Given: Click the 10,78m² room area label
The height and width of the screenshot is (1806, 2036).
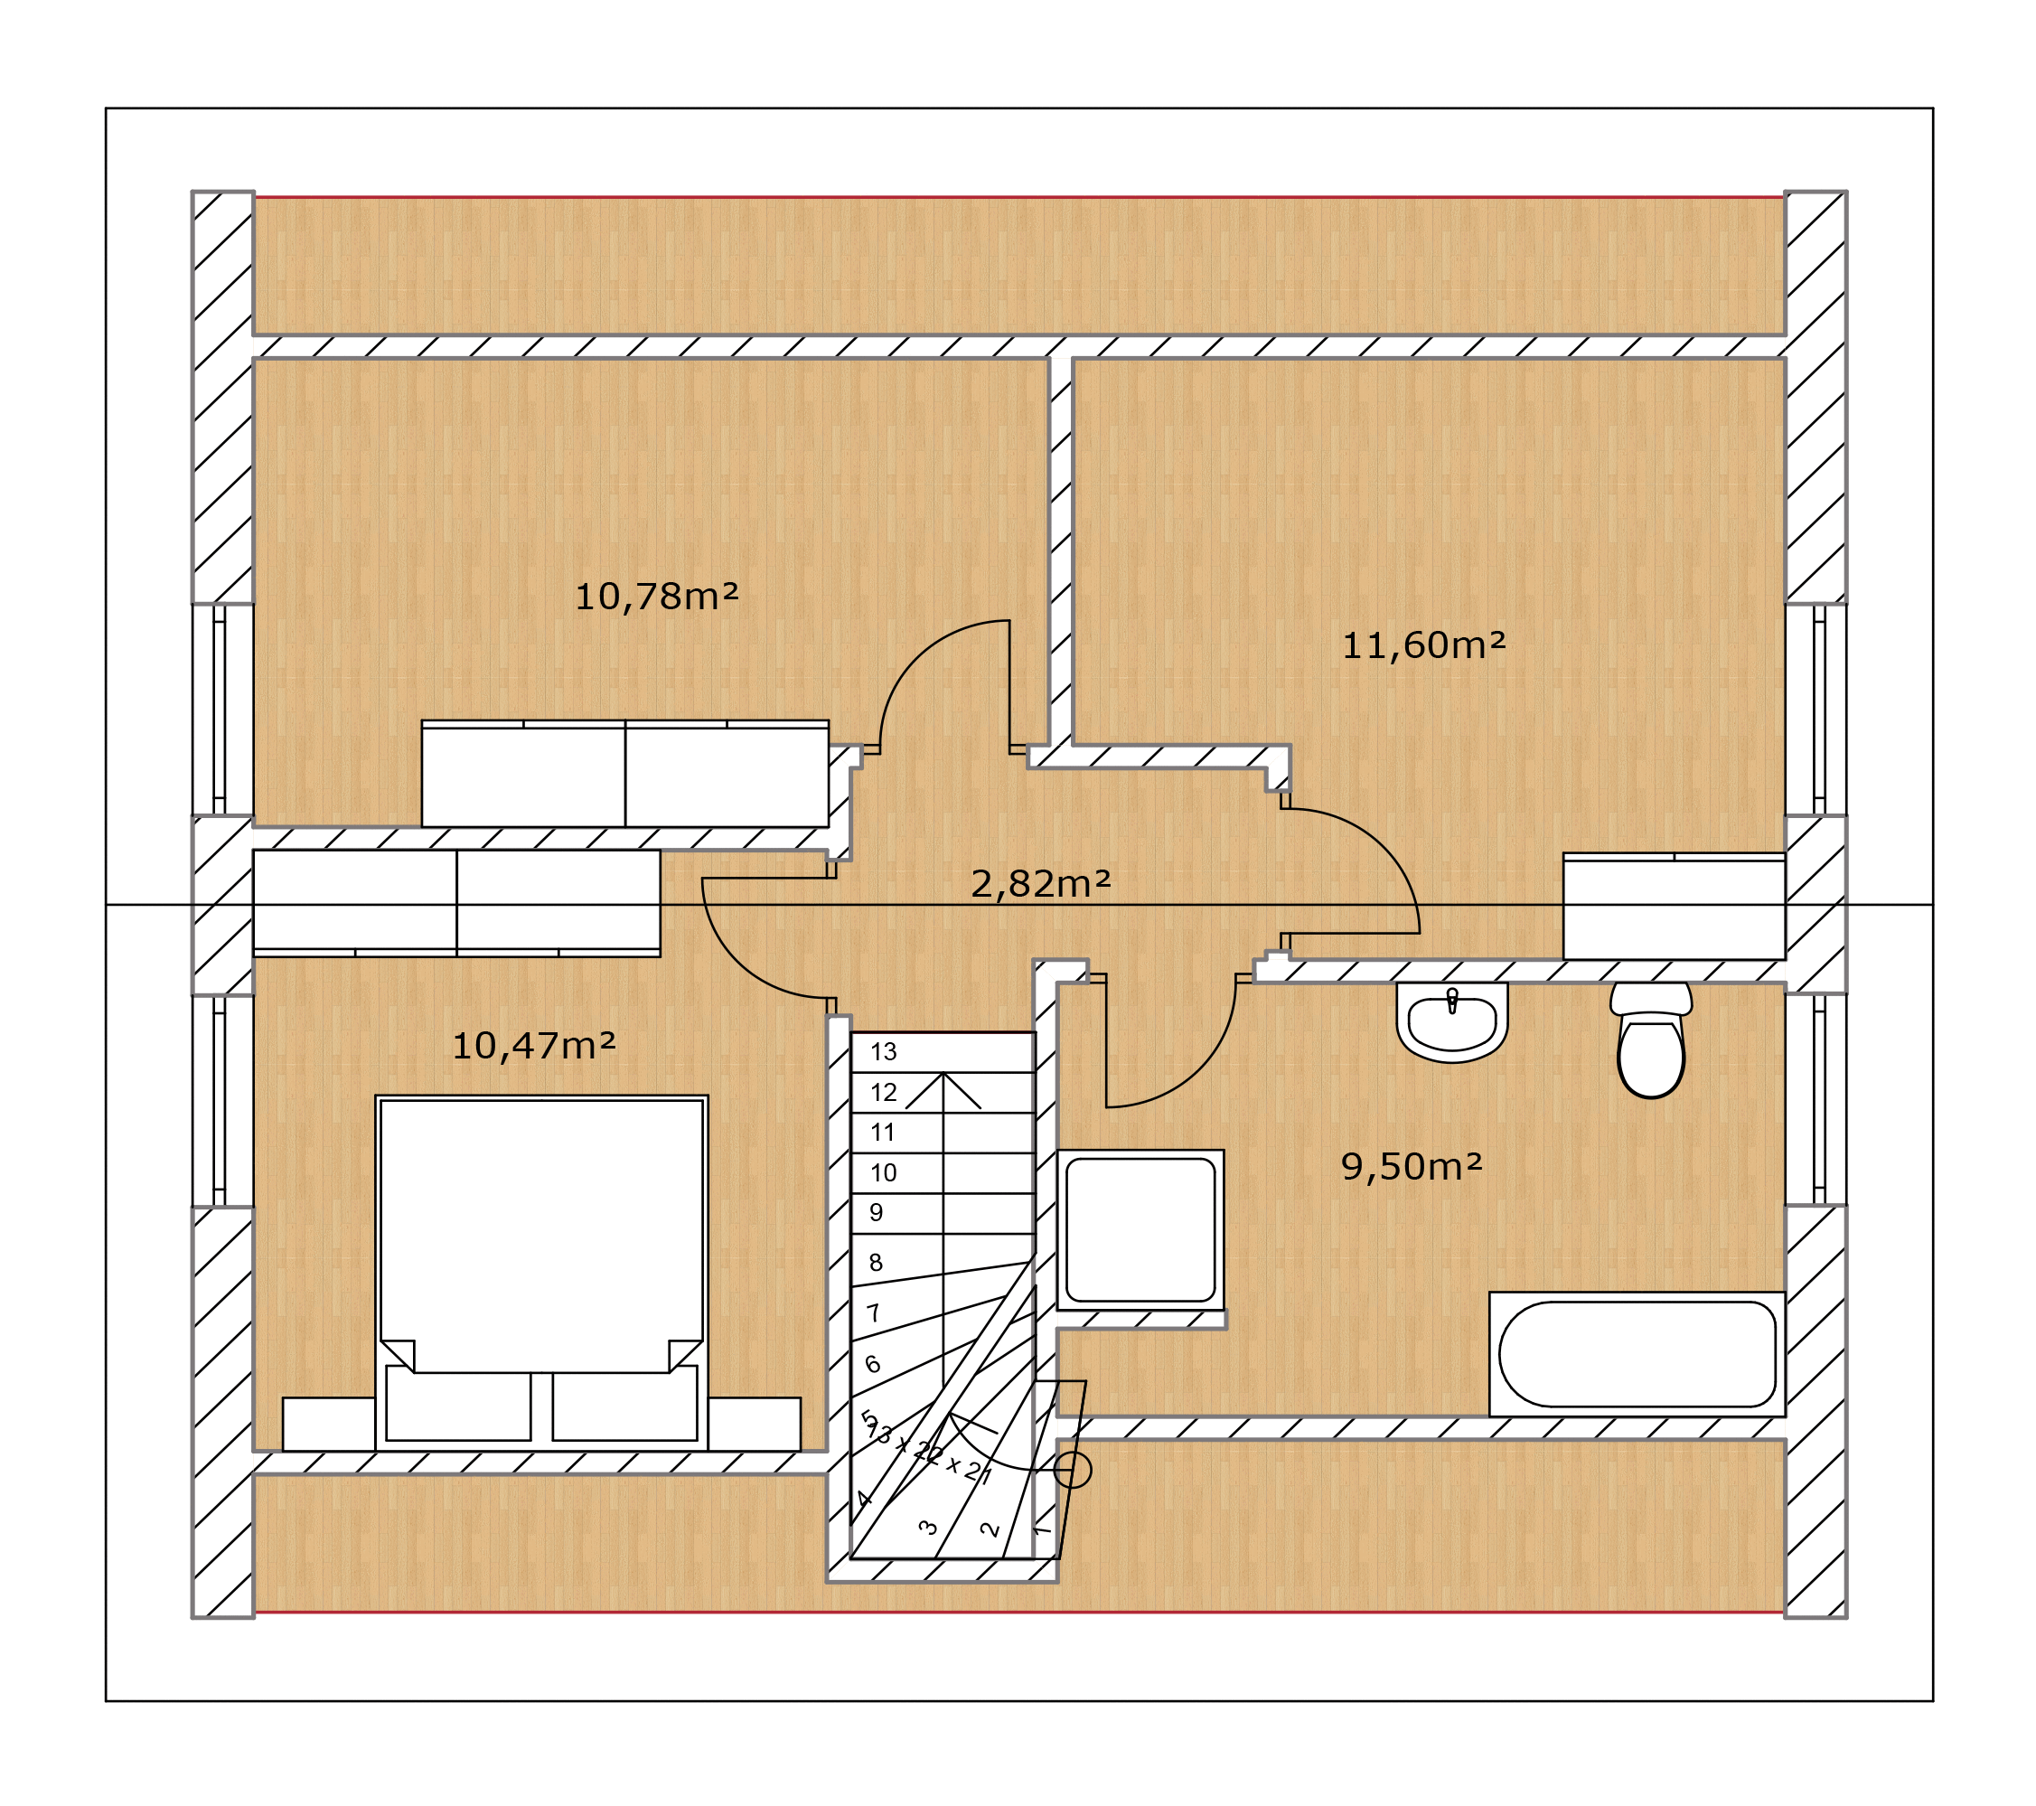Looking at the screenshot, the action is pos(656,597).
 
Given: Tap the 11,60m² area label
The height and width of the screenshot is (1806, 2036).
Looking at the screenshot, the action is pos(1423,645).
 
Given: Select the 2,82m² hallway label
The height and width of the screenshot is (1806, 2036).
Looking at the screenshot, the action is pos(1040,882).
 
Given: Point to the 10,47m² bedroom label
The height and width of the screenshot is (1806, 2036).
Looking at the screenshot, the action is pos(534,1045).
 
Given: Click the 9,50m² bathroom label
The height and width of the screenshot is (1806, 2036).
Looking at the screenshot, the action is pos(1412,1165).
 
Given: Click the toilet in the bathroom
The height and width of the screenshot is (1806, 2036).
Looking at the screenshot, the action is pos(1650,1040).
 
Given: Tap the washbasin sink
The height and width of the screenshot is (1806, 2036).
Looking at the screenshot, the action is pos(1451,1023).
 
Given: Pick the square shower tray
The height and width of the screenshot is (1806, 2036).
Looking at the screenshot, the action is pos(1140,1229).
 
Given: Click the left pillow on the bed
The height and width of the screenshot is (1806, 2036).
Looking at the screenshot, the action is pos(458,1404).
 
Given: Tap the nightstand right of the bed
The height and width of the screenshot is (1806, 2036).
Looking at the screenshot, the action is pos(754,1425).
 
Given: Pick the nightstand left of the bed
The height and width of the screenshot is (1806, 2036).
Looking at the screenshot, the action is pos(329,1425).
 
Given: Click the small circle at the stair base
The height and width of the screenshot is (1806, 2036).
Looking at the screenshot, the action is pos(1073,1470).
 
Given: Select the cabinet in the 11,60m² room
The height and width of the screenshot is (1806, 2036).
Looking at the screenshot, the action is pos(1675,907).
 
